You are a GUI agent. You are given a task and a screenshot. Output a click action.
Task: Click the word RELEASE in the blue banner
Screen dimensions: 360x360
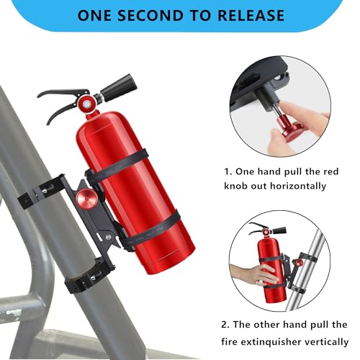(251, 15)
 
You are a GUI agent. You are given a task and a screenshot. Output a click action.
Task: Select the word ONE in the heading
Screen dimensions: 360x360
(94, 15)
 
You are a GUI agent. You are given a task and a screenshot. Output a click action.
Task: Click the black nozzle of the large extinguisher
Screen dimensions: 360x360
(119, 87)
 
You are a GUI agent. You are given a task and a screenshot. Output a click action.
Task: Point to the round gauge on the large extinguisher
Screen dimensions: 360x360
(86, 104)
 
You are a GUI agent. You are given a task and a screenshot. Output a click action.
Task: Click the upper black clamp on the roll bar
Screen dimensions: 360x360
(41, 189)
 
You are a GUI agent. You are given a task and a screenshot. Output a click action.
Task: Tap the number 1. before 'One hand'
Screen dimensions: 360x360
(228, 172)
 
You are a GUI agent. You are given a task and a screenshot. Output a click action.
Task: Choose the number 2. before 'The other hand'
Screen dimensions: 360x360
(225, 325)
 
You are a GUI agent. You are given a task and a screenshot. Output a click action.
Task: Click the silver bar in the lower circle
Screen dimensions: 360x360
(306, 269)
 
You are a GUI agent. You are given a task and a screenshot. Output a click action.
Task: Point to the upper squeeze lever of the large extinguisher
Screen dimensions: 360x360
(63, 93)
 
